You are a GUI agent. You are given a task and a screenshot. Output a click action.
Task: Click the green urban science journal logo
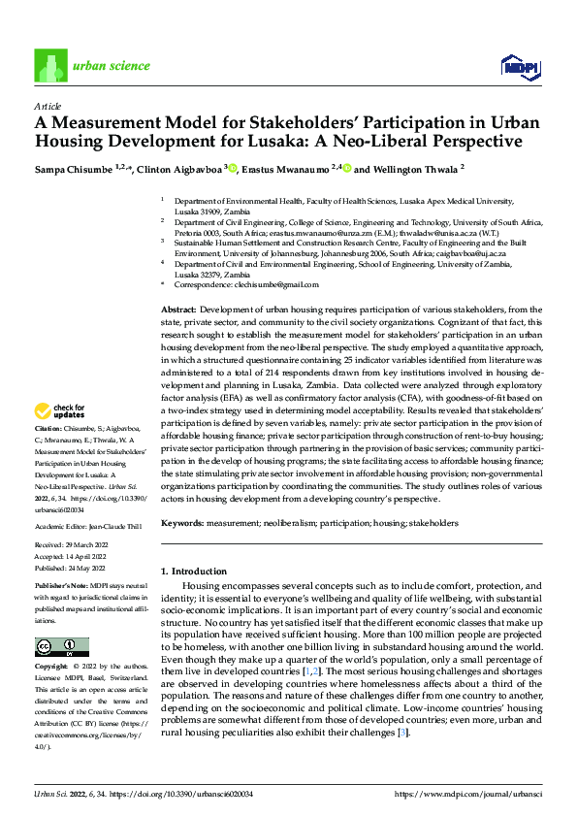coord(48,66)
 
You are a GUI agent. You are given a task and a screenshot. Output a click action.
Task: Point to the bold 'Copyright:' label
coord(51,668)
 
